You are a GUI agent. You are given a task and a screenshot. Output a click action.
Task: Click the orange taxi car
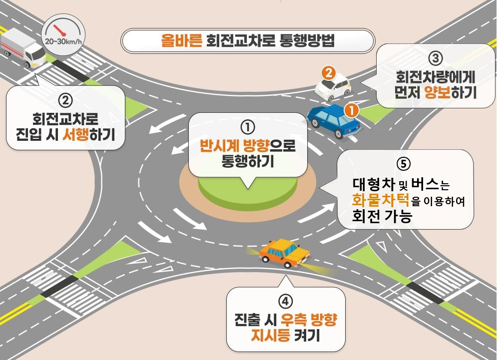(283, 252)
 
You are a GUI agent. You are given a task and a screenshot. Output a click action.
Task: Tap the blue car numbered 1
(332, 121)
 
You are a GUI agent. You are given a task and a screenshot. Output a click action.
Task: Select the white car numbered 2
(333, 86)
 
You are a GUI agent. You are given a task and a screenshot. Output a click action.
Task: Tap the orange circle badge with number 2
(328, 73)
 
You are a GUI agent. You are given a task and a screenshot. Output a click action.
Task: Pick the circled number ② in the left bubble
(65, 100)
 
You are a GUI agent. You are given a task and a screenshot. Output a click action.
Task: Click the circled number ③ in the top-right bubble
(436, 58)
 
